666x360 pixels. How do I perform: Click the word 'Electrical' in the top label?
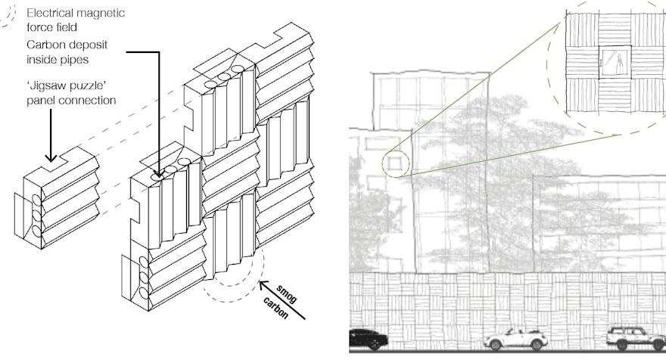point(49,13)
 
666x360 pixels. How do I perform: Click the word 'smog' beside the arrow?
point(286,294)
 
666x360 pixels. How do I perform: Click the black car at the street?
point(369,339)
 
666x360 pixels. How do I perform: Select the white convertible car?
point(515,340)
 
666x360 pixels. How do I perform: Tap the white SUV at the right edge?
point(636,338)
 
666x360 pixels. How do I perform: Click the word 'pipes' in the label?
point(75,60)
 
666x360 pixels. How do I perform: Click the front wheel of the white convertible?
point(495,345)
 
